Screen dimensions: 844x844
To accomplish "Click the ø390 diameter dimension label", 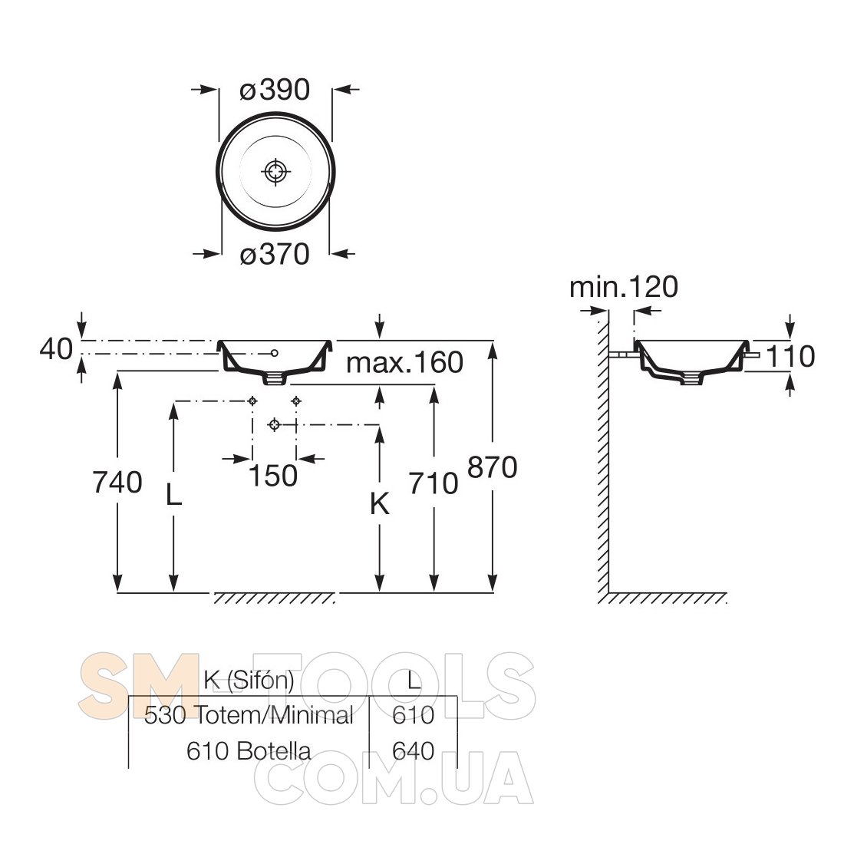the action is (x=275, y=90).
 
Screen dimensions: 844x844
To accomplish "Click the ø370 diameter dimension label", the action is (x=275, y=253).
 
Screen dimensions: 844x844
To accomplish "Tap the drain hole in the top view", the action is (x=275, y=172).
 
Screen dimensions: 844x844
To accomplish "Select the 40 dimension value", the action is (x=56, y=349).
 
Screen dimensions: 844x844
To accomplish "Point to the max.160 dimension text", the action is (x=404, y=362).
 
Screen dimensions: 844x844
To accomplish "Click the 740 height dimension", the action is (x=117, y=482).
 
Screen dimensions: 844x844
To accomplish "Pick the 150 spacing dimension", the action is (x=273, y=476).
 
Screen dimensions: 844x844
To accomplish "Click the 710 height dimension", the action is (x=434, y=483).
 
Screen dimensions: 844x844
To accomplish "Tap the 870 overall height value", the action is (x=493, y=467).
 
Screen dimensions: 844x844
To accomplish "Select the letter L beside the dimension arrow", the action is (x=173, y=494).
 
